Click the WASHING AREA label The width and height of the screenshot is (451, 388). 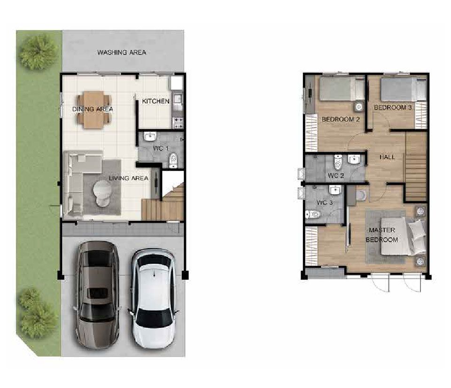point(122,52)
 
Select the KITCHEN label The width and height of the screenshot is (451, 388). point(156,101)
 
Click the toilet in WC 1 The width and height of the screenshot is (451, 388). point(173,160)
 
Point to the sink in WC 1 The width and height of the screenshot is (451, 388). point(150,136)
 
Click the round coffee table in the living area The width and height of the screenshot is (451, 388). point(102,192)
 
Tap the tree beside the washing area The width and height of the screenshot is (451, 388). point(38,53)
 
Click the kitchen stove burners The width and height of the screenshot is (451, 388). point(178,122)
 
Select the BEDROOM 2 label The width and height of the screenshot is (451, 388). point(341,119)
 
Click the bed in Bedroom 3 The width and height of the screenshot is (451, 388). point(403,89)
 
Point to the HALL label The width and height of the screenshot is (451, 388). point(387,157)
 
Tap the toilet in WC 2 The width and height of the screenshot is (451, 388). point(338,162)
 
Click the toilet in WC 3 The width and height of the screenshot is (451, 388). point(313,214)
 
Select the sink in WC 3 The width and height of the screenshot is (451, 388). point(335,190)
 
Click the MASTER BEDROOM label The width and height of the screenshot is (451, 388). point(381,235)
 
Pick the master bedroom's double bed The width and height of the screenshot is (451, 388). point(403,236)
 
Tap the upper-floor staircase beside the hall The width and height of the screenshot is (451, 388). point(416,167)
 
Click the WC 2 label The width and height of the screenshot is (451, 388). point(335,175)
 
